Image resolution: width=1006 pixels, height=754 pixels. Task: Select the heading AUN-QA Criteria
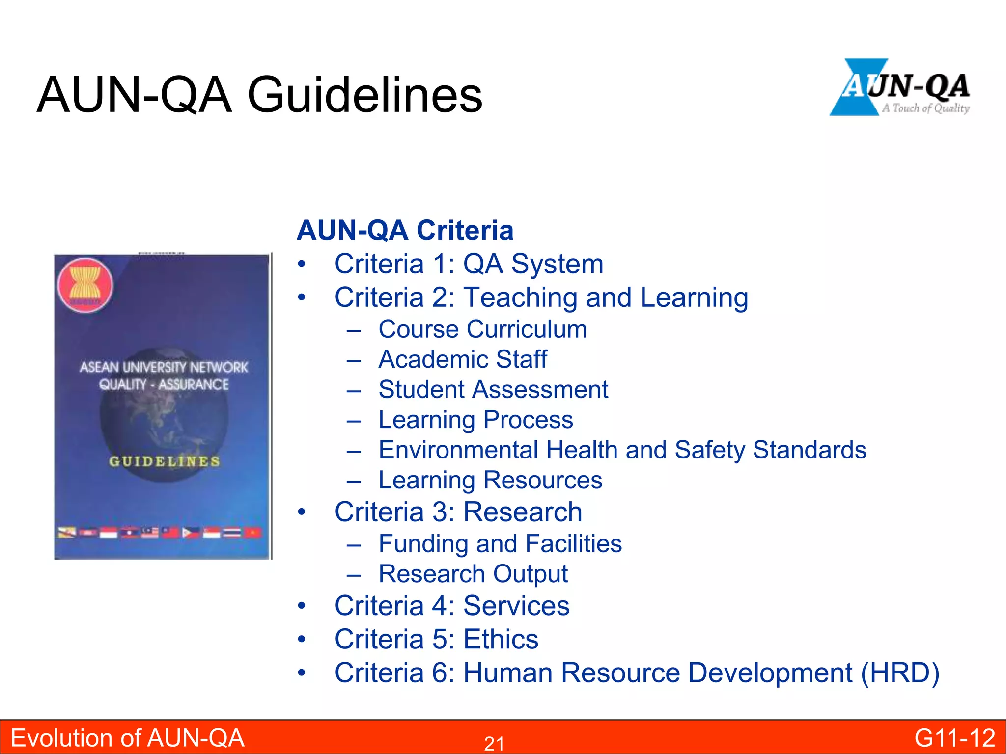(x=405, y=230)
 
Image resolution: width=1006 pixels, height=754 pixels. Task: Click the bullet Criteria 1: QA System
(x=469, y=264)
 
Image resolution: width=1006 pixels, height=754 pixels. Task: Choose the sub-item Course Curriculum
(x=482, y=329)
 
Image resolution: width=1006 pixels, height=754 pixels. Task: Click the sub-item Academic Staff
(x=463, y=359)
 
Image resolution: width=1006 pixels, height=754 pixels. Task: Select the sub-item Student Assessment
(x=493, y=390)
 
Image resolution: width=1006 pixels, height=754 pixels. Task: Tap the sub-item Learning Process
(x=475, y=420)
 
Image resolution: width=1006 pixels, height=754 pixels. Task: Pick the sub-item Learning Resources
(x=490, y=480)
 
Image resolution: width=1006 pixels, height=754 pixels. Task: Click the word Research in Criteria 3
(x=523, y=512)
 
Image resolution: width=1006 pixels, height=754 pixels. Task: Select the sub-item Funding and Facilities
(x=500, y=544)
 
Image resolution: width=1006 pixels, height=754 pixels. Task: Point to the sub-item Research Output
(x=473, y=574)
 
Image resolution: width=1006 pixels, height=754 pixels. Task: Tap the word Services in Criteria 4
(x=516, y=606)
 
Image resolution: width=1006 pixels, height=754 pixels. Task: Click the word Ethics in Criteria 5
(x=501, y=639)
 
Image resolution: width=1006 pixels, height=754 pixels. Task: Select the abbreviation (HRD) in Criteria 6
(x=900, y=673)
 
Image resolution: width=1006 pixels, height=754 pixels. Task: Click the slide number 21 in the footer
(x=494, y=744)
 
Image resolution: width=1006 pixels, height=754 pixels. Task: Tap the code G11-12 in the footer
(x=954, y=738)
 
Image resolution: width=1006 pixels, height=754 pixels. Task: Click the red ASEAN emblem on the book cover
(x=85, y=286)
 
